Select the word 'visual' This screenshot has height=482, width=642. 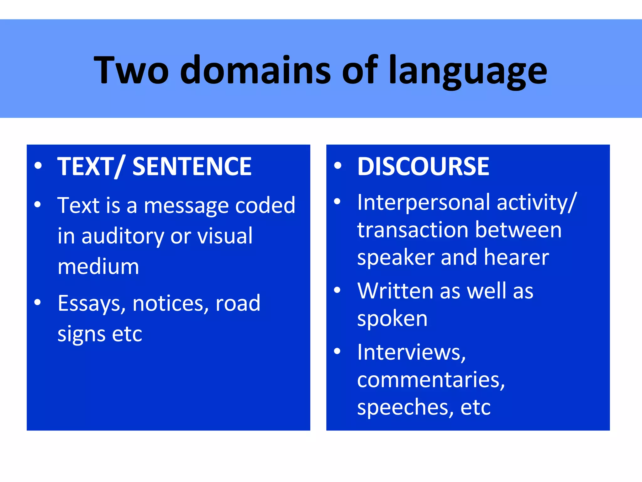tap(225, 236)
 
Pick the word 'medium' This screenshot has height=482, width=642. tap(98, 267)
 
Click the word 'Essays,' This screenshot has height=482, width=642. tap(92, 304)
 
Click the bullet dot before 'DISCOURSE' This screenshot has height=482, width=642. tap(337, 165)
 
